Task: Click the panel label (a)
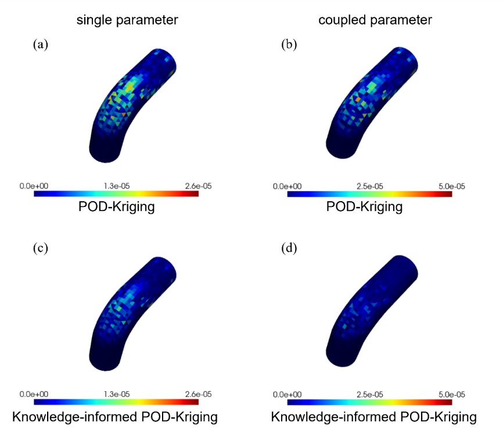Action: (41, 44)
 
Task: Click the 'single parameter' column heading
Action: (128, 21)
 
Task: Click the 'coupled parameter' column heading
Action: (375, 21)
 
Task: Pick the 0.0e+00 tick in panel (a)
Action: (35, 185)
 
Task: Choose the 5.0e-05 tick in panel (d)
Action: (451, 394)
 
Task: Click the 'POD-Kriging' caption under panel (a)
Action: (117, 206)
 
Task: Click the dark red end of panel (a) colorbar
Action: (196, 194)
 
